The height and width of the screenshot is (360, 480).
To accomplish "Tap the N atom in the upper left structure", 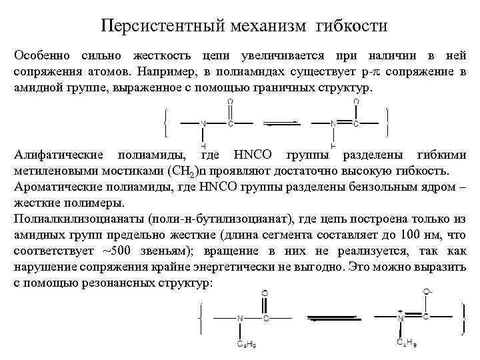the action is [203, 123].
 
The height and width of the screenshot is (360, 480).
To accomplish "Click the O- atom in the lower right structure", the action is [427, 293].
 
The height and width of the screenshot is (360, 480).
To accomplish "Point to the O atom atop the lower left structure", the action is [265, 293].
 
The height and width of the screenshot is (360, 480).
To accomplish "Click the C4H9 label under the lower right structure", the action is [407, 344].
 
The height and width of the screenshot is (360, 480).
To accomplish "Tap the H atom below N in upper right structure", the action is [333, 145].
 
